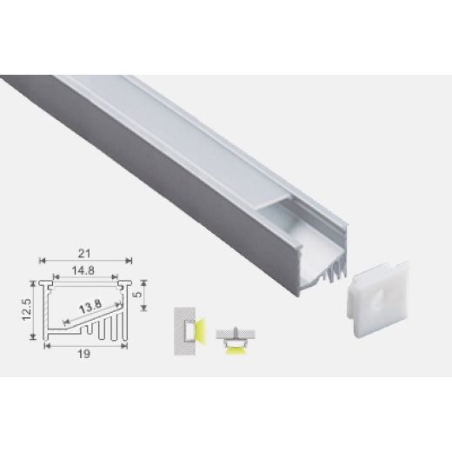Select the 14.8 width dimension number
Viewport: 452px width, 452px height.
pos(85,269)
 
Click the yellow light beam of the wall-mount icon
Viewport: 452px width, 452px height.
pos(199,331)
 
